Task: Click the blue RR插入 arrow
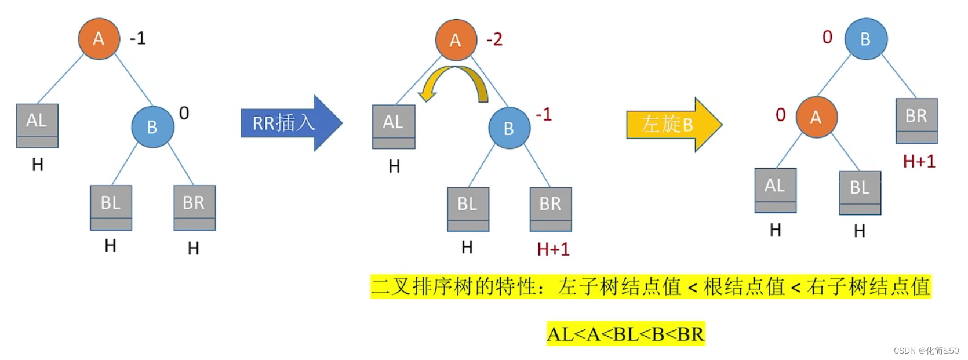[x=290, y=123]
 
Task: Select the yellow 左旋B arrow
[x=672, y=124]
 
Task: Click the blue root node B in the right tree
[x=865, y=39]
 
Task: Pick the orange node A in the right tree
[x=816, y=117]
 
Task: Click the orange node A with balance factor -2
[x=456, y=39]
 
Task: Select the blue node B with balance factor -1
[x=509, y=128]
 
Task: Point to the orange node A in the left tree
[x=99, y=38]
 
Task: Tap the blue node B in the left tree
[x=152, y=126]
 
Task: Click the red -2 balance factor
[x=494, y=39]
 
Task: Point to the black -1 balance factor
[x=138, y=38]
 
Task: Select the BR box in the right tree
[x=916, y=121]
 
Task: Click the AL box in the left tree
[x=37, y=125]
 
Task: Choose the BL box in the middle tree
[x=467, y=209]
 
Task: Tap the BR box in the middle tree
[x=550, y=209]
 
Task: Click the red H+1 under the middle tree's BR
[x=553, y=249]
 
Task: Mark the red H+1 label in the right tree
[x=919, y=161]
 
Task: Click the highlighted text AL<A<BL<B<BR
[x=625, y=334]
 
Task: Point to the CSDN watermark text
[x=926, y=351]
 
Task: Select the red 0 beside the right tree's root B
[x=827, y=37]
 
